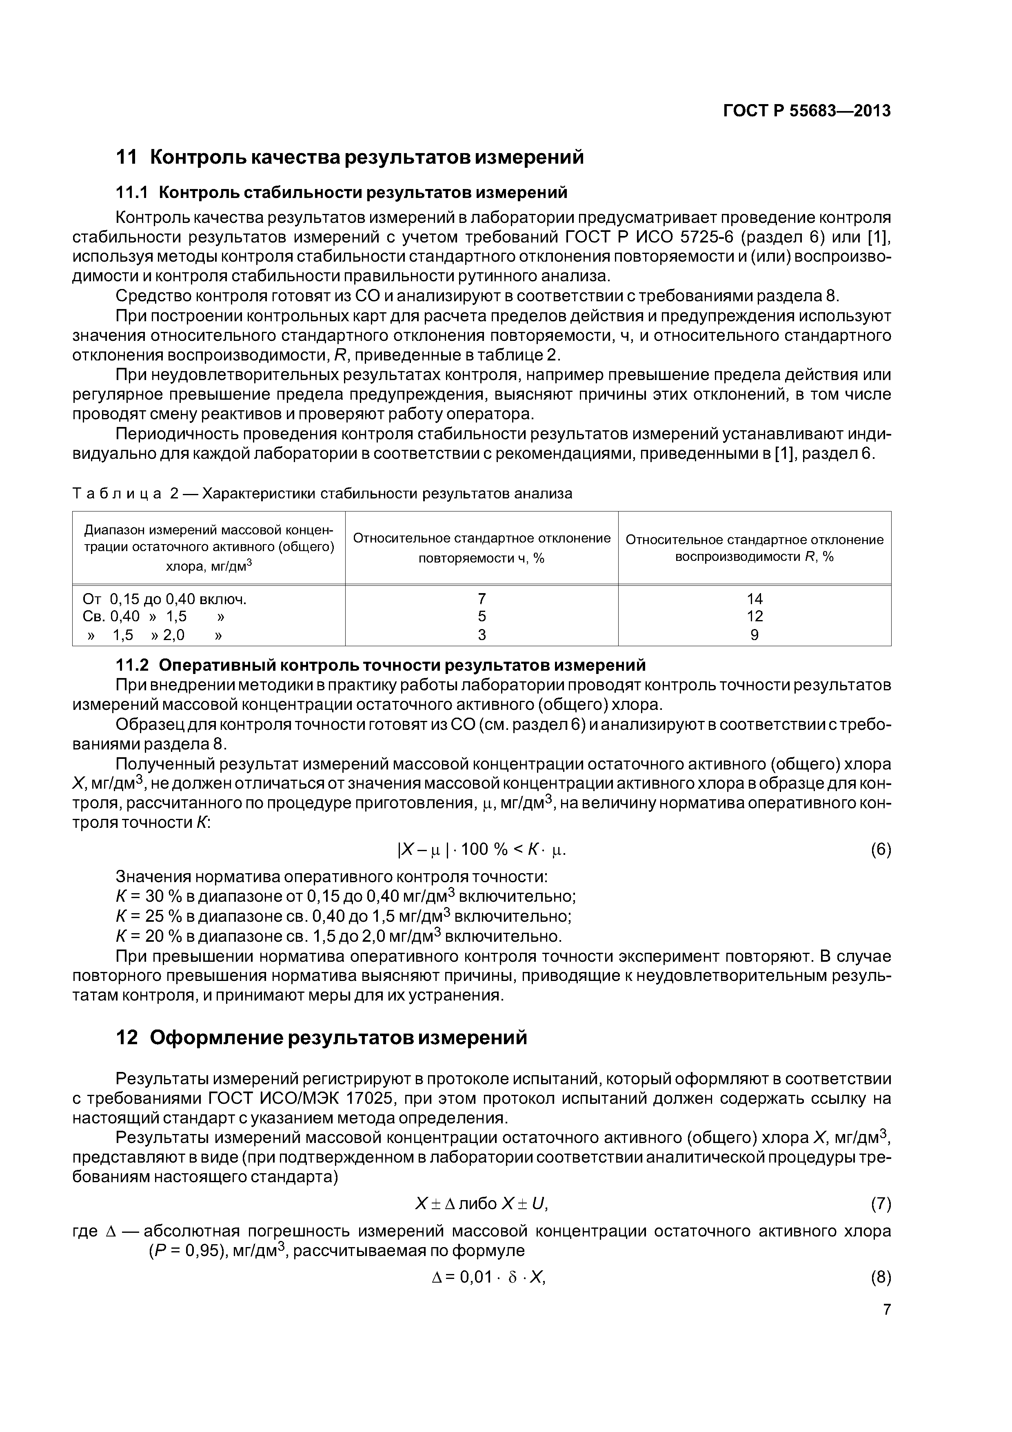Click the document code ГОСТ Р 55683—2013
806,111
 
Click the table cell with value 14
755,599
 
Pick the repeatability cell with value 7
482,599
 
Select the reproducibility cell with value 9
755,635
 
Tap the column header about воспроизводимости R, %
755,547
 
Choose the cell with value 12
755,616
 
